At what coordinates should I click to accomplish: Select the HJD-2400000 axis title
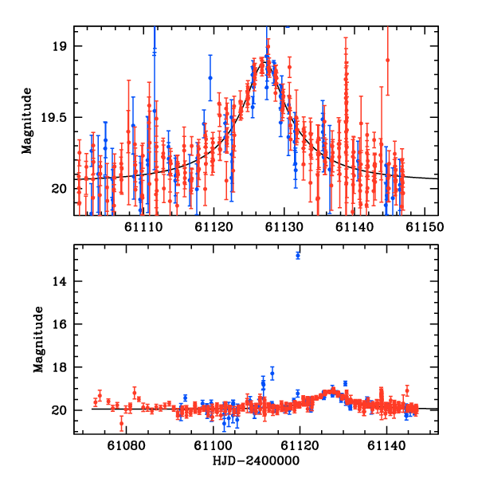256,460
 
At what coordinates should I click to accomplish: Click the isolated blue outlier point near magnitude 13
298,255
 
